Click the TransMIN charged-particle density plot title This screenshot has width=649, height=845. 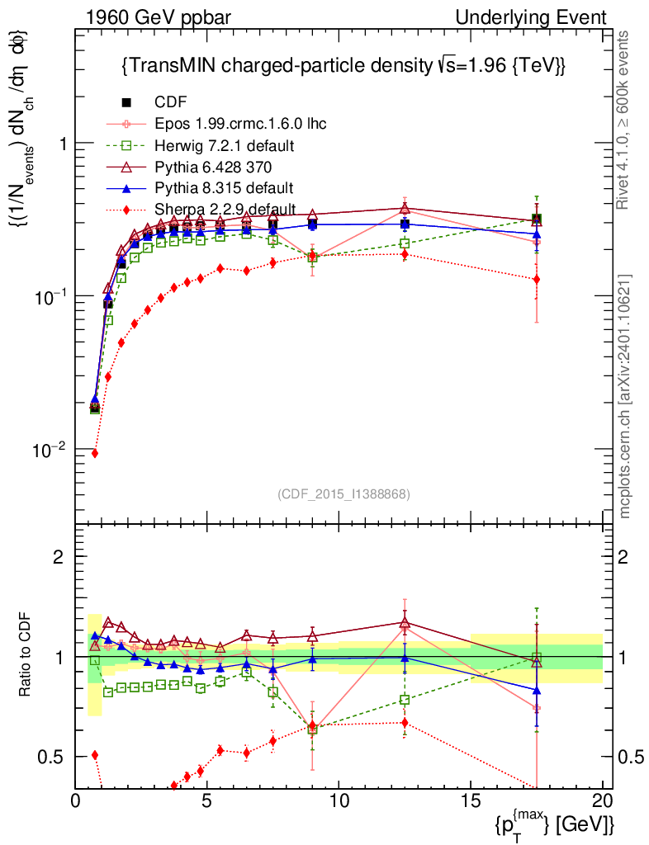(343, 65)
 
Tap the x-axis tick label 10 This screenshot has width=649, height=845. (339, 800)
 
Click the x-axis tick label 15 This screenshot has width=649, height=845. (471, 800)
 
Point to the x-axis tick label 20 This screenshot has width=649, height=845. (603, 800)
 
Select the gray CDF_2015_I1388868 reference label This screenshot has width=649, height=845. (343, 493)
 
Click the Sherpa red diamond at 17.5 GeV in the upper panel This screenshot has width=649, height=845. (537, 279)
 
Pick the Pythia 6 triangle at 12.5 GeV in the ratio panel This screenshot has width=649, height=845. (405, 623)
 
